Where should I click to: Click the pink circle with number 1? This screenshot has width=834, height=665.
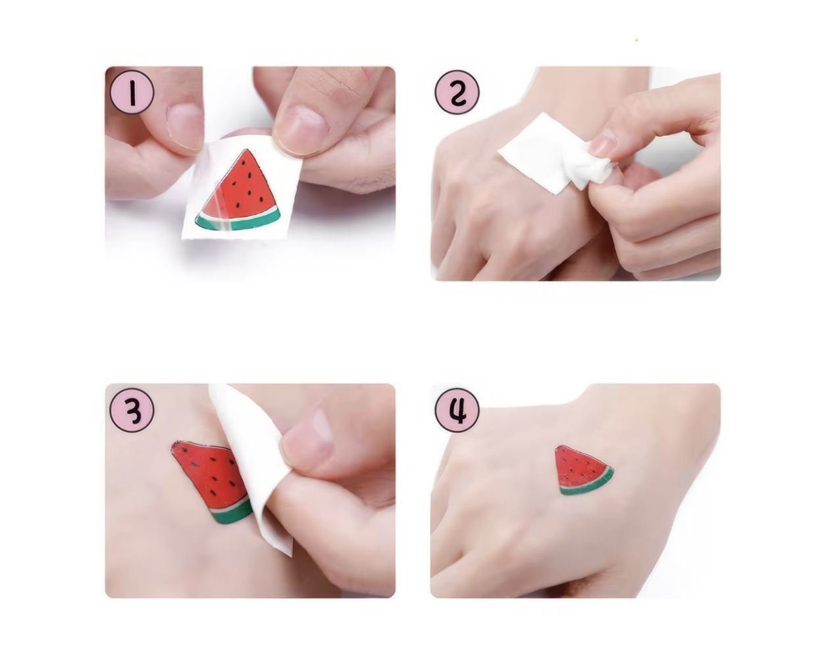pyautogui.click(x=132, y=93)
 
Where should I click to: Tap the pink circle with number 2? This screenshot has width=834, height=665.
pyautogui.click(x=457, y=93)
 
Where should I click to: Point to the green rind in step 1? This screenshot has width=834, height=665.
pyautogui.click(x=237, y=222)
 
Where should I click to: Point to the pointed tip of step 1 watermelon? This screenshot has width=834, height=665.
pyautogui.click(x=246, y=149)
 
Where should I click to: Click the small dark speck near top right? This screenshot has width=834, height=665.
pyautogui.click(x=636, y=40)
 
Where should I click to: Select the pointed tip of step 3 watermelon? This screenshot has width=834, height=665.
pyautogui.click(x=173, y=445)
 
